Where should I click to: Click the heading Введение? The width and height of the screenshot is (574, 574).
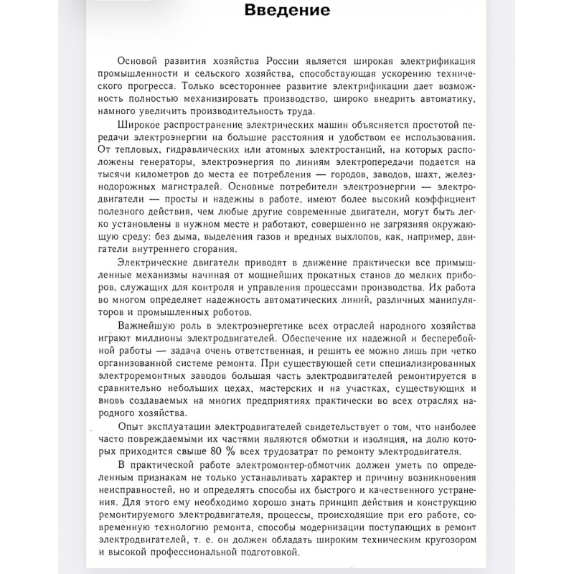287,11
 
